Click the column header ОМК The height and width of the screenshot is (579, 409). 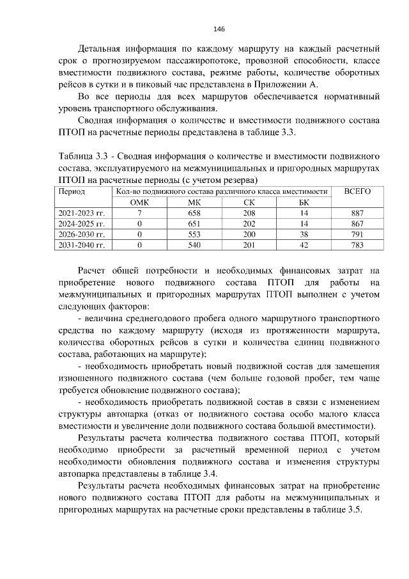[x=139, y=202]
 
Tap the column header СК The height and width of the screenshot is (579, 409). [x=249, y=202]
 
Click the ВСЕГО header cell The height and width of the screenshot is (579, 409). [x=357, y=191]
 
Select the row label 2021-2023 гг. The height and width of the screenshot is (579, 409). [x=82, y=213]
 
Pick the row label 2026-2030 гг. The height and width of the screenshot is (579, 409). [x=82, y=235]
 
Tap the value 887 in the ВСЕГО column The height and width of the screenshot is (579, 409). [x=357, y=213]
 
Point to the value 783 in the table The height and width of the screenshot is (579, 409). [x=357, y=245]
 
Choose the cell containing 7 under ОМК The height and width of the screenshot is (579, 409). [x=139, y=213]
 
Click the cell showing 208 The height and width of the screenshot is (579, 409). [x=249, y=213]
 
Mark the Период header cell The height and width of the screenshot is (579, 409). [x=72, y=191]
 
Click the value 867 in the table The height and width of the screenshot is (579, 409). [x=357, y=224]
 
